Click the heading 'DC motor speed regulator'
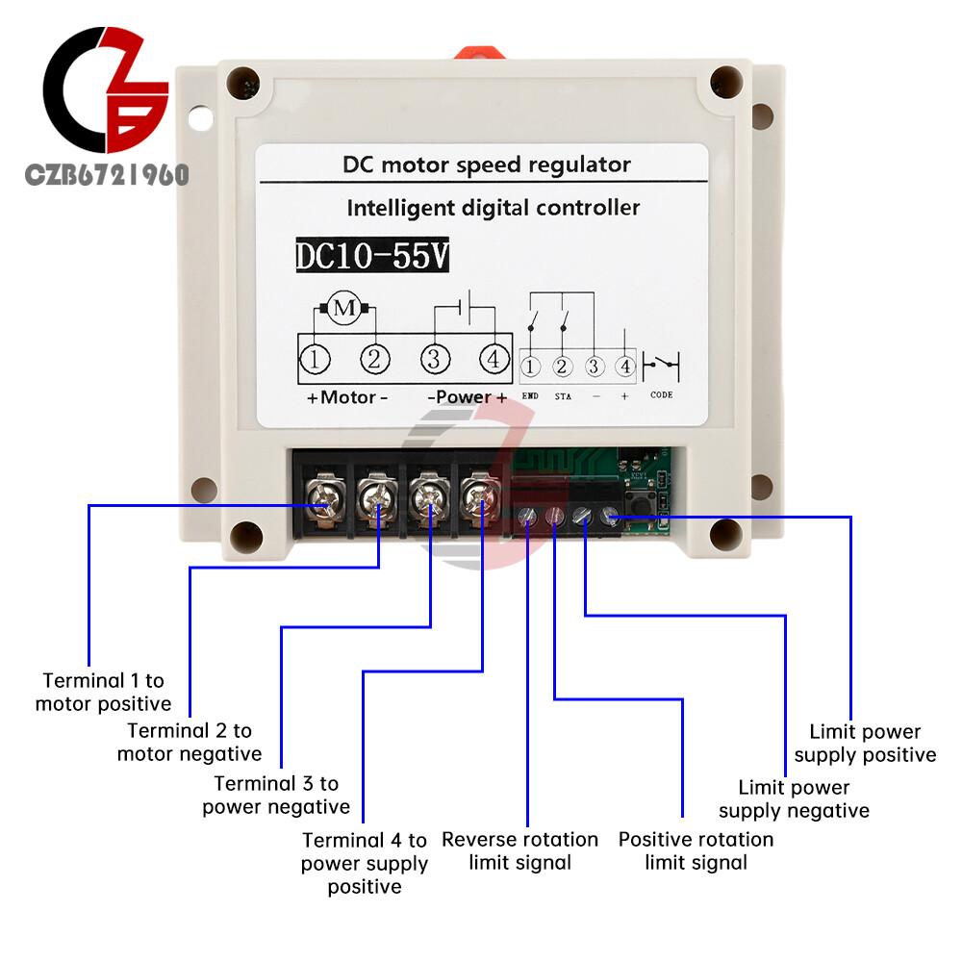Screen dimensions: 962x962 [x=487, y=165]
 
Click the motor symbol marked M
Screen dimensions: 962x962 [x=343, y=309]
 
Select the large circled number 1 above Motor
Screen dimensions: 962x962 [x=315, y=360]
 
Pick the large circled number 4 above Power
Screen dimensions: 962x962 [x=494, y=360]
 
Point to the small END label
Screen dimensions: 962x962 [x=530, y=395]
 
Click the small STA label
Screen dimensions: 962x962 [x=563, y=395]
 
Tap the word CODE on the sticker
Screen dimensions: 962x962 [x=662, y=395]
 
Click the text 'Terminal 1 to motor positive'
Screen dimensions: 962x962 [x=103, y=693]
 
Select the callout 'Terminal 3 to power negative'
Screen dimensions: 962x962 [x=276, y=795]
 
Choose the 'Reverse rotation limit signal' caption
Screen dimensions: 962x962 [x=519, y=850]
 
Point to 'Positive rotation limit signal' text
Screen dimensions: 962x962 [x=696, y=850]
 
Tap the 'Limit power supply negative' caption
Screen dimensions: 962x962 [x=794, y=799]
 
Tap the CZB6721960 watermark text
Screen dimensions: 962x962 [x=107, y=175]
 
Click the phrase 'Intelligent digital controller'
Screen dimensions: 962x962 [x=493, y=208]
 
